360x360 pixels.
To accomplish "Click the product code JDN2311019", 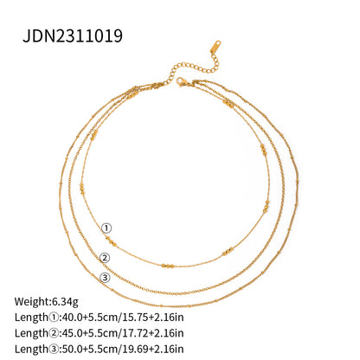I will (74, 35).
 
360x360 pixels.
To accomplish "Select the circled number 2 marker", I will (105, 257).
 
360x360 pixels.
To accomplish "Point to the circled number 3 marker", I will (105, 278).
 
